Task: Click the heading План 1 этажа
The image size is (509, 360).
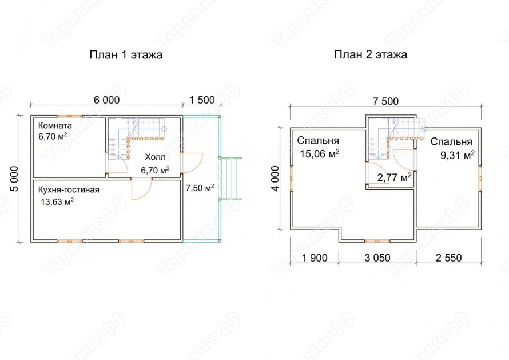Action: (x=126, y=54)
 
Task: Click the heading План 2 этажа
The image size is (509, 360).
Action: (x=371, y=54)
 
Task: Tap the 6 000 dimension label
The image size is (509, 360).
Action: (x=106, y=100)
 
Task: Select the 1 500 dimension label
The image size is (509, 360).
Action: (x=202, y=100)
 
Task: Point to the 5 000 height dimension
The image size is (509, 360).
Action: (x=14, y=179)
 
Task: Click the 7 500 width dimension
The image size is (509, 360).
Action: (x=385, y=101)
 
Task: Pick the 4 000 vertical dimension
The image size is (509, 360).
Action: (x=275, y=179)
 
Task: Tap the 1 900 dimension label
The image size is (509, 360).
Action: (x=315, y=258)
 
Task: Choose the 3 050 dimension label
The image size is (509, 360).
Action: (x=377, y=258)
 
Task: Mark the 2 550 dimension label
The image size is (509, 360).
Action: (x=448, y=258)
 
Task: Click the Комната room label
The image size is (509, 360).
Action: (x=55, y=125)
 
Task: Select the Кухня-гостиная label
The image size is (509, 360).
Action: (x=69, y=190)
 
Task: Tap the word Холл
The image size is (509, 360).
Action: (x=155, y=157)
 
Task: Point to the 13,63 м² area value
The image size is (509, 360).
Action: (x=57, y=202)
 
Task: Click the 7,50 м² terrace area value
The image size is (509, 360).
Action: (x=200, y=188)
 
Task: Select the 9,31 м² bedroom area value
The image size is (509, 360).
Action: (x=458, y=155)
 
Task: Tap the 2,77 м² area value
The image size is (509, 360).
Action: (x=395, y=177)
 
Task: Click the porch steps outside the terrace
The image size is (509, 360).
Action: (x=230, y=179)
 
